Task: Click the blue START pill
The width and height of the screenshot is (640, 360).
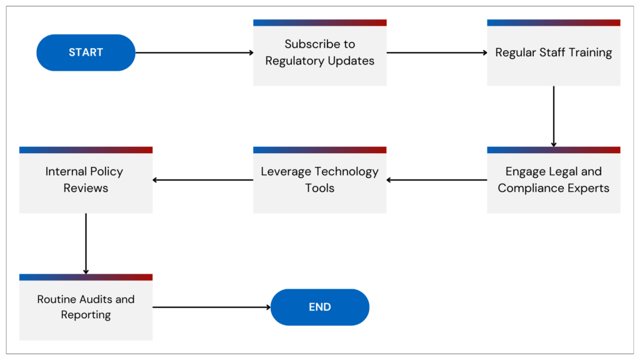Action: pos(86,52)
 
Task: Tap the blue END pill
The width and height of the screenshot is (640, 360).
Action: pos(319,307)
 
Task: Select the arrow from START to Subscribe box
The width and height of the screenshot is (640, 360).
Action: pos(194,52)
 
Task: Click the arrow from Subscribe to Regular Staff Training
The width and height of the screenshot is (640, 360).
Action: pos(436,52)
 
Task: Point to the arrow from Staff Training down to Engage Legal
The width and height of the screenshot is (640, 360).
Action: pos(554,116)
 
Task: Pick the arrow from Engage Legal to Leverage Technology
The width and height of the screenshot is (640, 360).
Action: pos(436,180)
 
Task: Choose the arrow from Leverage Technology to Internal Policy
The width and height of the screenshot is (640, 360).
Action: pos(202,180)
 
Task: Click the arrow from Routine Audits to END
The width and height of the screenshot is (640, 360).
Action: pos(211,307)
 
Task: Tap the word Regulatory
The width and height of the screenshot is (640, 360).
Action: pos(293,61)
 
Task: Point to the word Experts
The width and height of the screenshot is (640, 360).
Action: pos(586,188)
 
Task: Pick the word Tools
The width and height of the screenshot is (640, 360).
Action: pos(319,188)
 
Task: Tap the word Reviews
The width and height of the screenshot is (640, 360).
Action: pos(86,188)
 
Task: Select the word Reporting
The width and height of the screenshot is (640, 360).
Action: pos(86,315)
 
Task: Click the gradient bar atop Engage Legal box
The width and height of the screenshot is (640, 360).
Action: pos(554,150)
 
